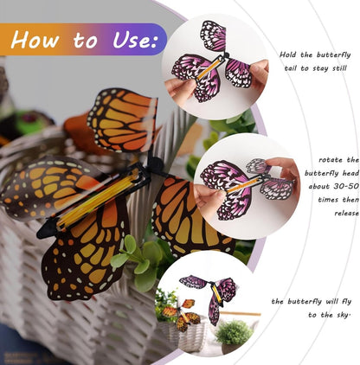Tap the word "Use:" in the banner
click(133, 39)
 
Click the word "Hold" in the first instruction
click(289, 54)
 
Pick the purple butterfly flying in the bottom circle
click(211, 295)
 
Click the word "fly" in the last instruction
click(345, 302)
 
